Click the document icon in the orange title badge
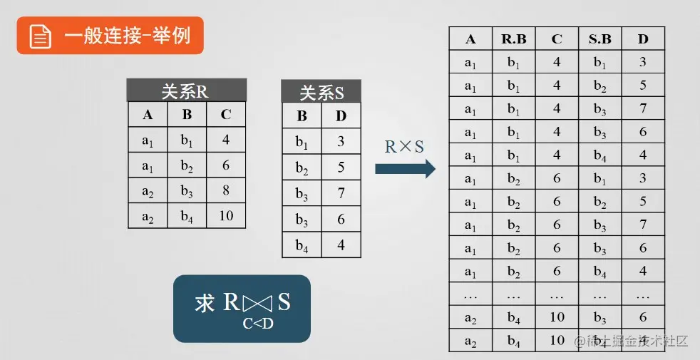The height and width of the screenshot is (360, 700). [x=40, y=36]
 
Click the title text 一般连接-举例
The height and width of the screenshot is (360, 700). [x=128, y=36]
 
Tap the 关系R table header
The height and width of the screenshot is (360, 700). [x=186, y=91]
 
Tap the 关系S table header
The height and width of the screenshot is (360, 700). [x=321, y=92]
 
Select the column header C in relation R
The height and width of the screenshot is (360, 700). [x=226, y=115]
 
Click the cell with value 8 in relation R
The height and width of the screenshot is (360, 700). [x=226, y=190]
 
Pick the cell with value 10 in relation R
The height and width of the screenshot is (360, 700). [x=226, y=215]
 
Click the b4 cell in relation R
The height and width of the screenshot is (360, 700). [x=187, y=216]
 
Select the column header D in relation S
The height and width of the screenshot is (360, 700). [x=341, y=115]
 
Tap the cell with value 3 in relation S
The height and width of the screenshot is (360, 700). [x=341, y=141]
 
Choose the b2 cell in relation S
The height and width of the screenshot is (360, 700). [x=302, y=168]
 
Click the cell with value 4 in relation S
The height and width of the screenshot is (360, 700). [x=341, y=244]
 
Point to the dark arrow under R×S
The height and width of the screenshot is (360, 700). [x=405, y=169]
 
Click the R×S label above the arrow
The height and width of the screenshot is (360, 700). [x=404, y=147]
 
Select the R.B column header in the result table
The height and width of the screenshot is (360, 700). [x=513, y=39]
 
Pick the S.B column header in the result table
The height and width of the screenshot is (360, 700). [x=599, y=39]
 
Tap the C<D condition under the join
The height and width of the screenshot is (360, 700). [x=257, y=324]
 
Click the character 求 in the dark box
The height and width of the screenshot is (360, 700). [x=205, y=304]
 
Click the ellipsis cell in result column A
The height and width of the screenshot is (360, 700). [x=470, y=295]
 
